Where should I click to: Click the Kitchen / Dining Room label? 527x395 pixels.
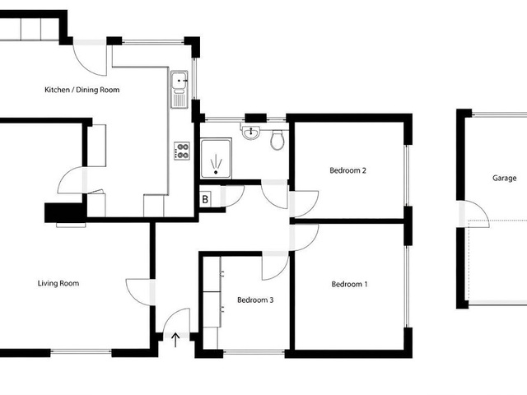click(x=82, y=90)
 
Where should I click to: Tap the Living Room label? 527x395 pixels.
click(x=58, y=283)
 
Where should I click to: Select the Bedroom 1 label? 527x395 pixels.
click(x=349, y=284)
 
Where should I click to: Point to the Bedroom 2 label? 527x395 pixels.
click(x=347, y=170)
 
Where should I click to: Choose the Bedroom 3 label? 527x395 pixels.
click(x=255, y=300)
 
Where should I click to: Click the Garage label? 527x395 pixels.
click(x=505, y=178)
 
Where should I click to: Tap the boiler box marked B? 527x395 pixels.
click(x=205, y=199)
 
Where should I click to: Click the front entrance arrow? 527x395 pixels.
click(x=175, y=340)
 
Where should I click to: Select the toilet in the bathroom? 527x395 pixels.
click(x=277, y=140)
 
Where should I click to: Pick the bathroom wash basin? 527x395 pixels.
click(x=251, y=132)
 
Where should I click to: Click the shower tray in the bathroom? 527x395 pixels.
click(x=216, y=159)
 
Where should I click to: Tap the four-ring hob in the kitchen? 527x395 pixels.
click(x=182, y=151)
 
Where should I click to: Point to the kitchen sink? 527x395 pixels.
click(x=180, y=90)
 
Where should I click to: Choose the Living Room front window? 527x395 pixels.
click(x=81, y=352)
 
